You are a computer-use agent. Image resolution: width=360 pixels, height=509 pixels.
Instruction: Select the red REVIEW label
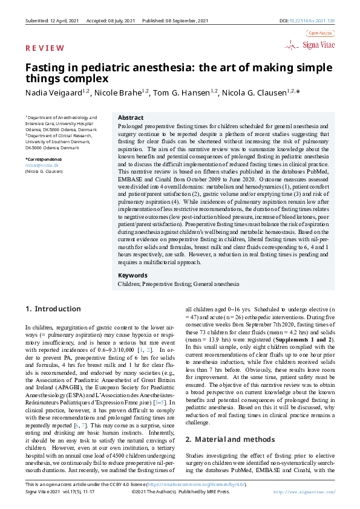click(44, 48)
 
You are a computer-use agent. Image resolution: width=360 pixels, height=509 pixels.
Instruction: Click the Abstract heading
click(130, 117)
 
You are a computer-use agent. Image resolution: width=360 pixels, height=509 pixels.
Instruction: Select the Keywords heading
click(133, 275)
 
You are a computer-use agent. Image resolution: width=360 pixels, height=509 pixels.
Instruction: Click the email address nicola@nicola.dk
click(42, 165)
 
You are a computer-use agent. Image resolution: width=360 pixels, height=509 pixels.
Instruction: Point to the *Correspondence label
click(44, 159)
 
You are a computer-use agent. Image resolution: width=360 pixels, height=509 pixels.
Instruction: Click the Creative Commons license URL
click(206, 485)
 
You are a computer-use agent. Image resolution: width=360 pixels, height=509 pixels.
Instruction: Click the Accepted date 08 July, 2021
click(121, 21)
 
